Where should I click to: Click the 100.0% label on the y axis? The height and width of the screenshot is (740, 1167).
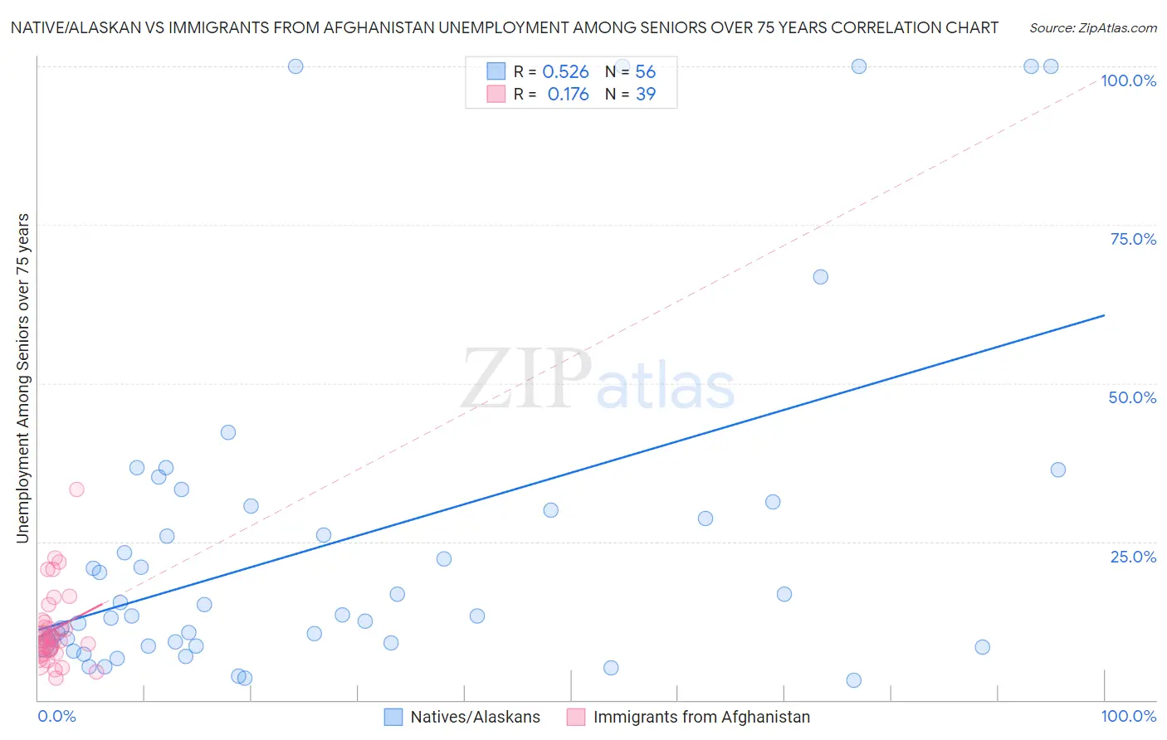point(1128,80)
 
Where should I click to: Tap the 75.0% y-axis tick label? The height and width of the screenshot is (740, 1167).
point(1133,239)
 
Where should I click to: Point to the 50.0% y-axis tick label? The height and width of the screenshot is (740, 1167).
point(1132,397)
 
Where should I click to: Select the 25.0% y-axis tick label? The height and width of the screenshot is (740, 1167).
point(1133,557)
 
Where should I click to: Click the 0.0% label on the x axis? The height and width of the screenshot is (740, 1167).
point(56,716)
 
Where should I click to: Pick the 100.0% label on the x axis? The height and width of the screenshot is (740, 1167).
point(1128,716)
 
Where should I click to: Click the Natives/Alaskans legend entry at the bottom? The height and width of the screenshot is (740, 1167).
point(475,717)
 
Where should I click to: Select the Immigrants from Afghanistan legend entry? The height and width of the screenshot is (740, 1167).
point(701,717)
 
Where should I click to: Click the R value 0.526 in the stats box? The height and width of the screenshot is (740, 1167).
point(565,72)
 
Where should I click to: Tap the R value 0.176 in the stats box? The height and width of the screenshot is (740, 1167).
point(568,95)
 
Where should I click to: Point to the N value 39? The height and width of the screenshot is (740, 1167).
point(646,95)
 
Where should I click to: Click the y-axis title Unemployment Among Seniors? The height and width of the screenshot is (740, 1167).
point(23,378)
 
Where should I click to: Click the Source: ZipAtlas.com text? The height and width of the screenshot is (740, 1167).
point(1092,28)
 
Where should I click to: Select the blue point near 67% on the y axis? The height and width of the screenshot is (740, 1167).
point(821,277)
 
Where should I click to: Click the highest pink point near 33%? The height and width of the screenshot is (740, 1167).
point(76,489)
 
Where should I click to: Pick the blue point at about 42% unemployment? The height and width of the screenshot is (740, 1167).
point(228,432)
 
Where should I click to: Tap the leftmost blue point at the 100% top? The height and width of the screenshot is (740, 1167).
point(295,66)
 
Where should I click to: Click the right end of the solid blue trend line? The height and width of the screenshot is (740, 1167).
point(1104,315)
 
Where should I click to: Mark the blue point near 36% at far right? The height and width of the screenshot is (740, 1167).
point(1058,470)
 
